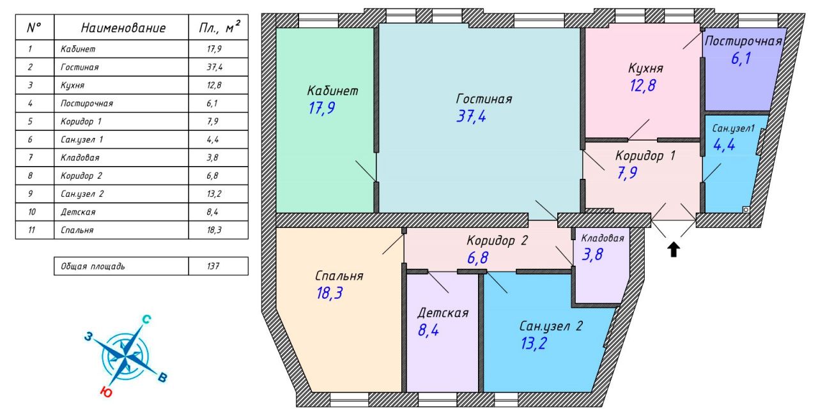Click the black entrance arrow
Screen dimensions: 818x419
click(x=674, y=250)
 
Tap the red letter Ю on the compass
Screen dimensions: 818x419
click(x=106, y=392)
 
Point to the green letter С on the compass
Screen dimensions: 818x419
click(x=146, y=320)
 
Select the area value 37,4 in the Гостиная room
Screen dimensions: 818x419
click(x=471, y=116)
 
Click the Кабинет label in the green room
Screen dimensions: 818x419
click(x=333, y=91)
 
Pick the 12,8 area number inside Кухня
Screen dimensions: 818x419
click(x=643, y=86)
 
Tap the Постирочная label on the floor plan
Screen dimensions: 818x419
click(x=743, y=41)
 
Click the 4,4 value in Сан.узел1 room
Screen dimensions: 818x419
click(x=724, y=145)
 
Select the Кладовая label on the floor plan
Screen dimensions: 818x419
click(x=603, y=238)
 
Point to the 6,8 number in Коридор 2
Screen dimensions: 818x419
click(x=477, y=257)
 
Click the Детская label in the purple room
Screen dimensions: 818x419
click(x=443, y=313)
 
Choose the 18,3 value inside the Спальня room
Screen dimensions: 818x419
click(x=330, y=293)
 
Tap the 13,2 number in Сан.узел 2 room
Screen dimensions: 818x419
click(x=534, y=344)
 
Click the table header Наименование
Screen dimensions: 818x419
click(x=123, y=28)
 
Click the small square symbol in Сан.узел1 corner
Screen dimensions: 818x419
click(x=746, y=210)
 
